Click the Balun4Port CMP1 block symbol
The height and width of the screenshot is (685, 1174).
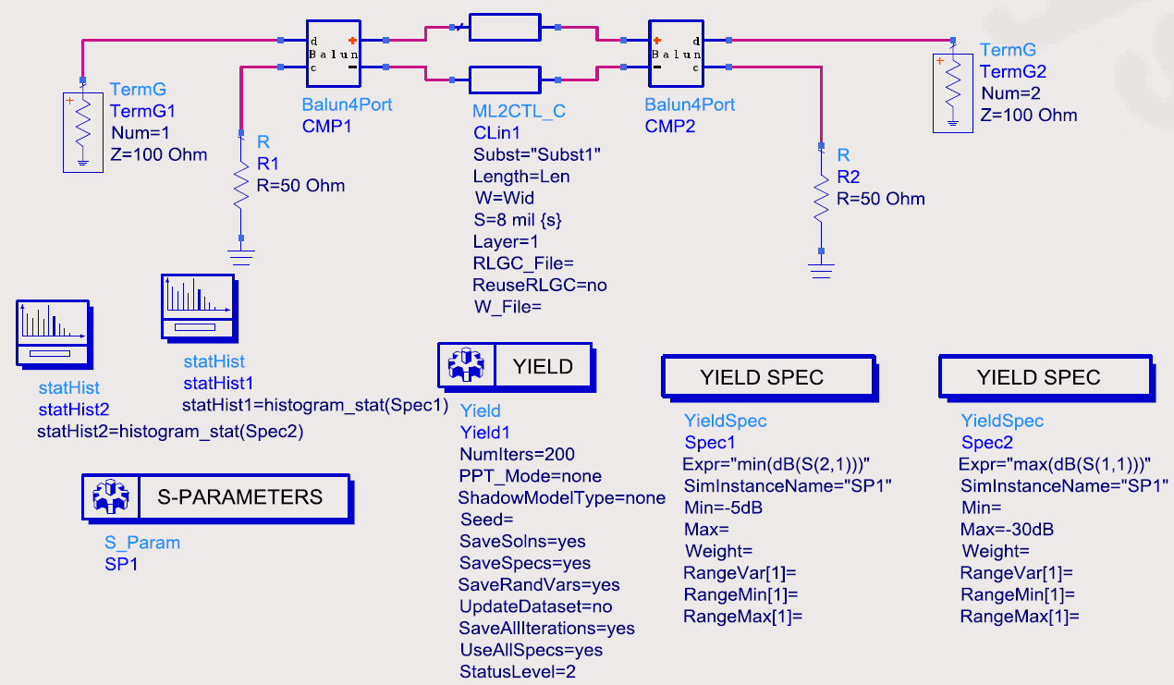pyautogui.click(x=334, y=54)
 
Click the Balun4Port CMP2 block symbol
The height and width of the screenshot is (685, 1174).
pyautogui.click(x=676, y=54)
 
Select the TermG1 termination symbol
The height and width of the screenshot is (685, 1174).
pyautogui.click(x=83, y=132)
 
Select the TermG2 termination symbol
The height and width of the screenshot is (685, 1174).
pyautogui.click(x=953, y=93)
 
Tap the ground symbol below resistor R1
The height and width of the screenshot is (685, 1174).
pyautogui.click(x=241, y=258)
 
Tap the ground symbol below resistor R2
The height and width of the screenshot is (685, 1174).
pyautogui.click(x=821, y=271)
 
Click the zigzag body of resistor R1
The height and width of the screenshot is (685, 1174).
pyautogui.click(x=241, y=186)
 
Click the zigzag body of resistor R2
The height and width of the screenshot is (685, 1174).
pyautogui.click(x=821, y=198)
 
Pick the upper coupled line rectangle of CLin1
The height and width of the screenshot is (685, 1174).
pyautogui.click(x=505, y=27)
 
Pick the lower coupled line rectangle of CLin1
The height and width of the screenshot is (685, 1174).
pyautogui.click(x=505, y=80)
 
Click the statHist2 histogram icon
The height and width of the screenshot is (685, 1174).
pyautogui.click(x=55, y=335)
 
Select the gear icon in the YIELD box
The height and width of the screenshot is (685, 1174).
pyautogui.click(x=466, y=365)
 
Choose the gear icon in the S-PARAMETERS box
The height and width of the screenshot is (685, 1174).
pyautogui.click(x=111, y=495)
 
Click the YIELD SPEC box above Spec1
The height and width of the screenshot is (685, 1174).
pyautogui.click(x=769, y=378)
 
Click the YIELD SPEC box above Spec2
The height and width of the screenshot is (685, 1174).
pyautogui.click(x=1046, y=378)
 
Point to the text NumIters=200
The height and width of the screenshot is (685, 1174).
pyautogui.click(x=517, y=454)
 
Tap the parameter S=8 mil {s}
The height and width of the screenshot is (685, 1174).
pyautogui.click(x=518, y=220)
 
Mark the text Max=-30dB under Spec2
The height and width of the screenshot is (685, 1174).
pyautogui.click(x=1007, y=530)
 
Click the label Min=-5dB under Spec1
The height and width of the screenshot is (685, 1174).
pyautogui.click(x=723, y=508)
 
